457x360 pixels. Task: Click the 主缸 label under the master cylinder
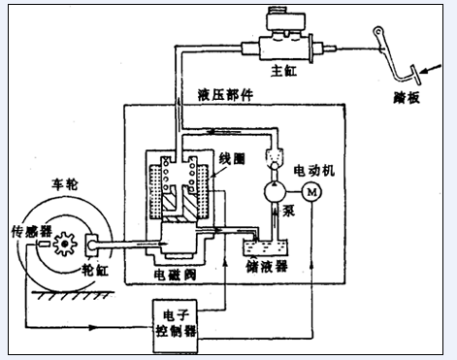pos(283,71)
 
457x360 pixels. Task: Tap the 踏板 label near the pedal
pos(407,98)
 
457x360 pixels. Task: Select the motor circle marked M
pos(311,192)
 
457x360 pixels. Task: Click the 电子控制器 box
pos(176,326)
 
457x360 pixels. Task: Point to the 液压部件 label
pos(225,95)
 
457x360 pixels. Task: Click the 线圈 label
pos(232,159)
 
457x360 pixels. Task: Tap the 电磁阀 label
pos(175,275)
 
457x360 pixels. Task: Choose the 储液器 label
pos(267,266)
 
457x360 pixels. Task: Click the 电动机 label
pos(314,171)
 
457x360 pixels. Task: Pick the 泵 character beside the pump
pos(289,211)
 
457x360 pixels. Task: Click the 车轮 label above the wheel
pos(65,184)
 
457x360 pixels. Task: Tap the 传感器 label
pos(32,232)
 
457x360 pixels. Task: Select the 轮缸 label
pos(95,270)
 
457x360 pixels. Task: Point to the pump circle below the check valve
pos(275,192)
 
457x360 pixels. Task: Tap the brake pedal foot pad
pos(415,75)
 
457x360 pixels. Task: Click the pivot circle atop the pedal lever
pos(378,32)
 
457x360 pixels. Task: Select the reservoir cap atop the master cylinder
pos(285,21)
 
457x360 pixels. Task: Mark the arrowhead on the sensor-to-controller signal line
pos(93,327)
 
